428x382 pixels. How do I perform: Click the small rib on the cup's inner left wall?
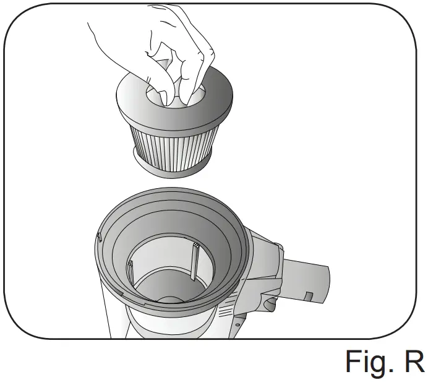pyautogui.click(x=132, y=272)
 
